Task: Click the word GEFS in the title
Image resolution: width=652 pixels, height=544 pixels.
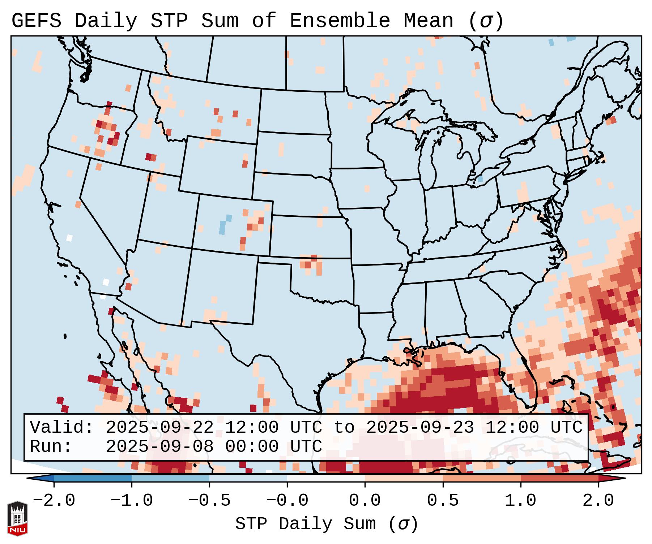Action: (36, 21)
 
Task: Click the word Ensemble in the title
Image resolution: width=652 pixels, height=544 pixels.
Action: (340, 21)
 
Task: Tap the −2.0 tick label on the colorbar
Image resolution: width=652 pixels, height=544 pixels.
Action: (54, 501)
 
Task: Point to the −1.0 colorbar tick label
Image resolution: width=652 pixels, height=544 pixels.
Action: (132, 501)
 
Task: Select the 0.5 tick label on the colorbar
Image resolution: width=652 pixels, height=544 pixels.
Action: (443, 501)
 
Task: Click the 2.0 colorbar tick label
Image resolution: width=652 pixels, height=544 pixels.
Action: (598, 501)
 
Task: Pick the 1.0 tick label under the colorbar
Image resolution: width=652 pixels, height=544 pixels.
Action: (520, 501)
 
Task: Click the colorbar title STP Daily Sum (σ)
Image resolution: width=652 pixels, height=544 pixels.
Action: (327, 524)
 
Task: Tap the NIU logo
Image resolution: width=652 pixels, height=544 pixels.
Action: (17, 519)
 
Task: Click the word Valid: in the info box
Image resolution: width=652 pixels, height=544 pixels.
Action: (62, 428)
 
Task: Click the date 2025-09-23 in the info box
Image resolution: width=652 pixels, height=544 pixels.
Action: (420, 428)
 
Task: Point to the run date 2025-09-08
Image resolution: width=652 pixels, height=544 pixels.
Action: (159, 447)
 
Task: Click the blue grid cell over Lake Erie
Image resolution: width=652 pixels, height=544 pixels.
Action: (480, 178)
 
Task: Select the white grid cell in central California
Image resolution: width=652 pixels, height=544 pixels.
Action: (69, 238)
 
